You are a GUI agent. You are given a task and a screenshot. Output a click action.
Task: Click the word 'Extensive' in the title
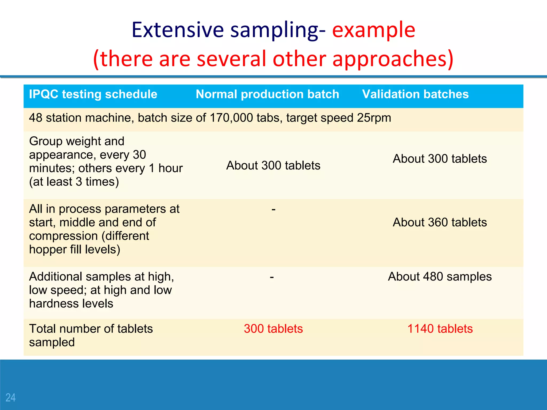point(178,30)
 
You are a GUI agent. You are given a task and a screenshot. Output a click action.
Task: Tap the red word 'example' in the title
point(373,30)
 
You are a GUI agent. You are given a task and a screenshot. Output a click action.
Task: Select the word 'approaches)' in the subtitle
point(393,59)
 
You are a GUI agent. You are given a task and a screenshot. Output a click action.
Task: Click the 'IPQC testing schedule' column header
point(93,94)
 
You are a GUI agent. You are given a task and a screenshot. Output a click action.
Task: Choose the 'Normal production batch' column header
point(267,94)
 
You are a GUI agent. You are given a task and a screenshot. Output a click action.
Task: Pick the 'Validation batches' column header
point(415,94)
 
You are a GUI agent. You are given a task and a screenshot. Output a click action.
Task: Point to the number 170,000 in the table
point(231,118)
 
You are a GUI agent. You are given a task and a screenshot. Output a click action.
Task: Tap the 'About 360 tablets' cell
point(440,222)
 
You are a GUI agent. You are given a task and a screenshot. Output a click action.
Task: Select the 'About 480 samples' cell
point(440,277)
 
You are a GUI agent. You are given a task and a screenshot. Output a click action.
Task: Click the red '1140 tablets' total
point(440,329)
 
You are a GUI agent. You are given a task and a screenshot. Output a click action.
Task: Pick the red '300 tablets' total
point(273,329)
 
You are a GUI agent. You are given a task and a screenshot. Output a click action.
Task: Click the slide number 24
point(10,398)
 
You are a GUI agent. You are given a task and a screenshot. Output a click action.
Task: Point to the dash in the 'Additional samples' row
point(272,277)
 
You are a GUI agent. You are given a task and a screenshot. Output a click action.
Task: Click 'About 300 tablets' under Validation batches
point(440,159)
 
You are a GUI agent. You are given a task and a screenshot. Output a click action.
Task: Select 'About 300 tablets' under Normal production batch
point(273,165)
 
